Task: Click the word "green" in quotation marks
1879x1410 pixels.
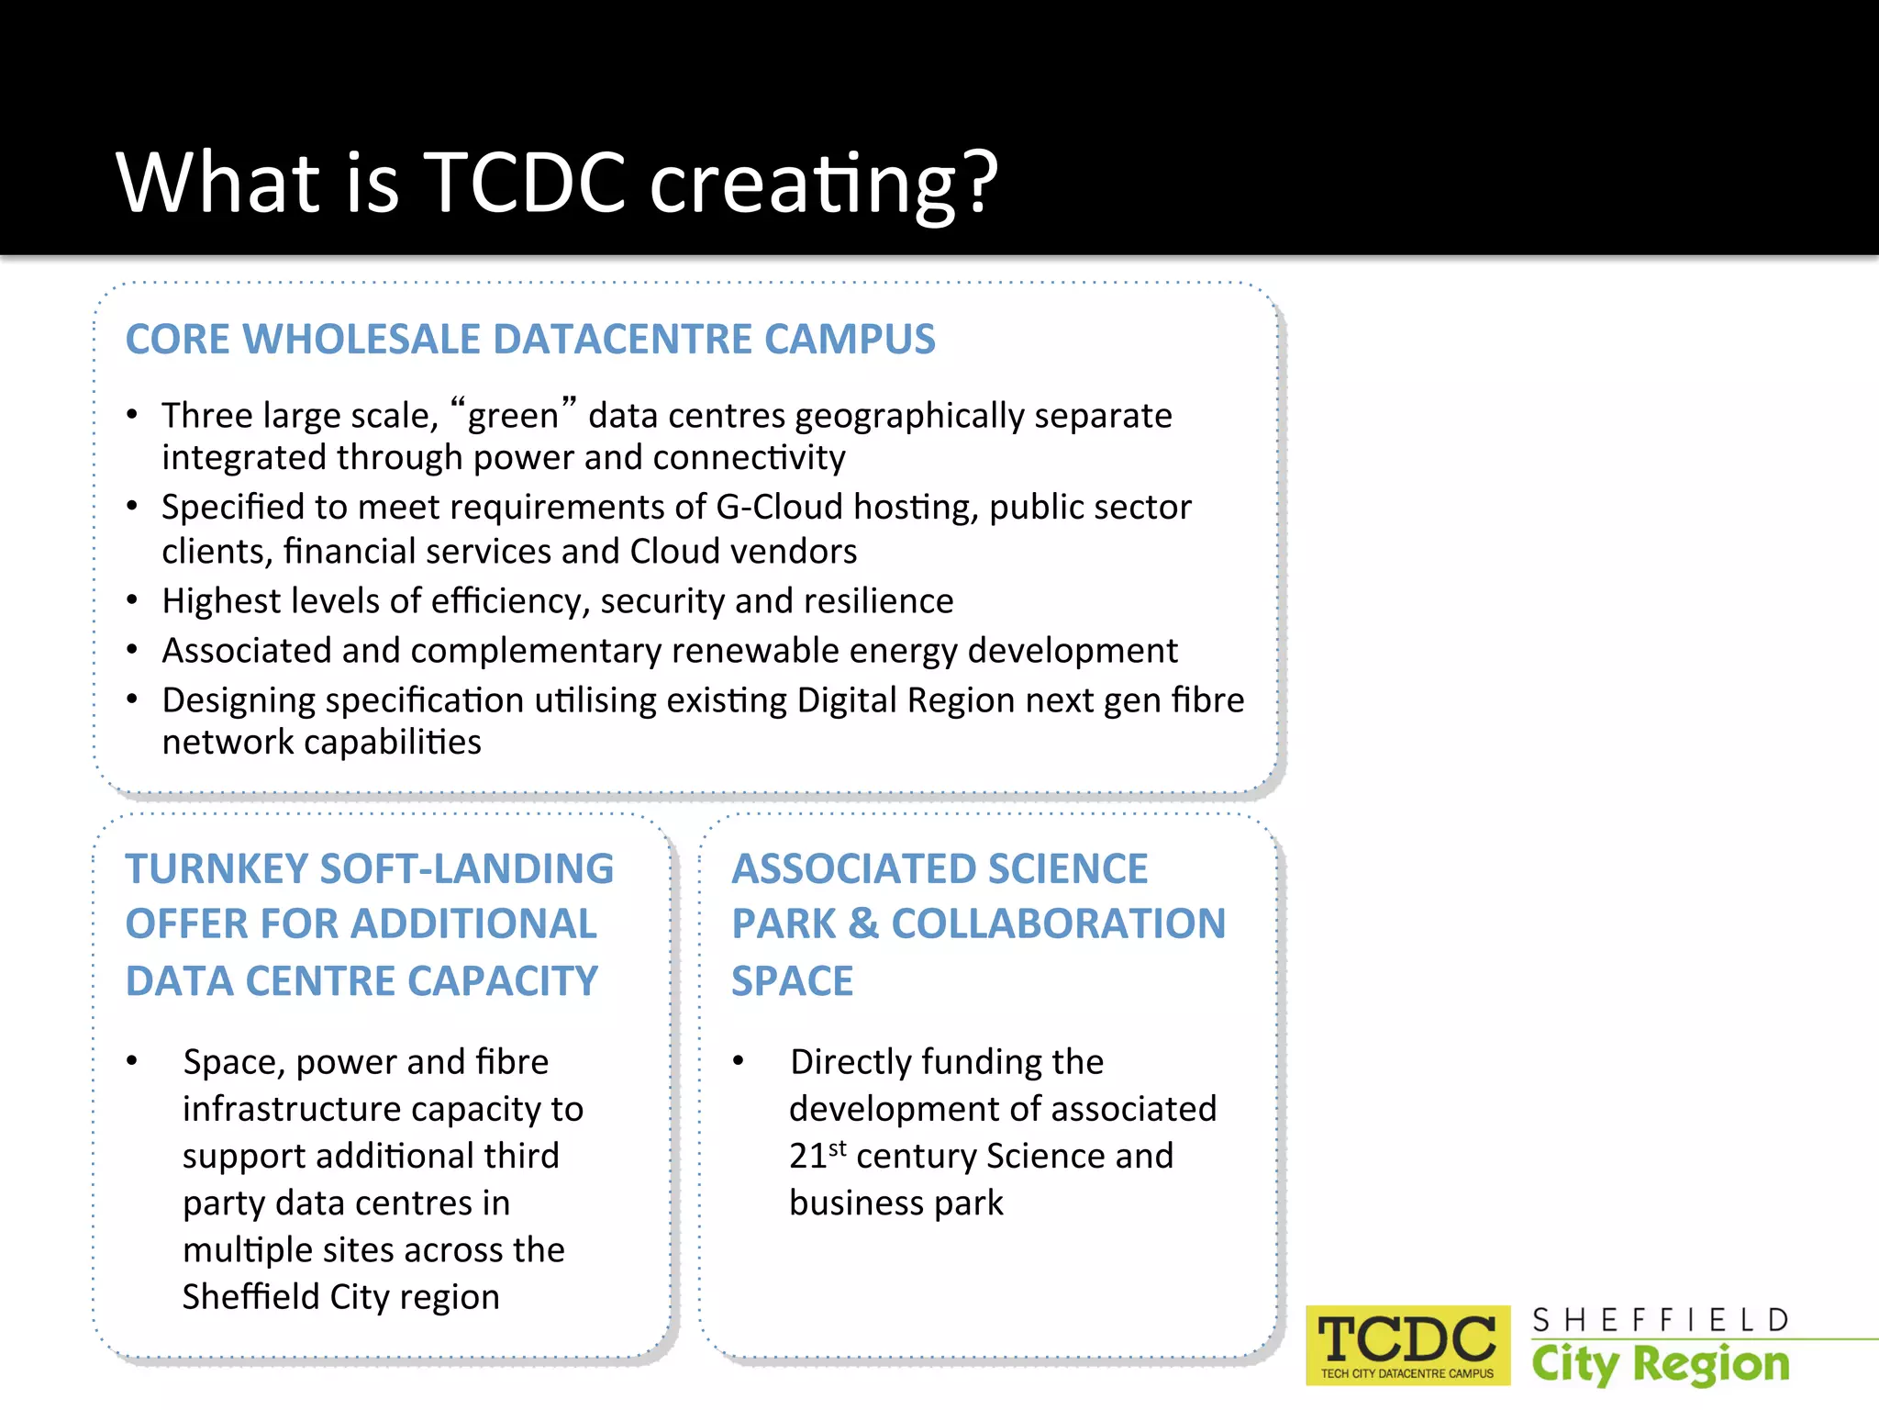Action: pos(513,415)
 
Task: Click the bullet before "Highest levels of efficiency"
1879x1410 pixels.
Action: pos(133,601)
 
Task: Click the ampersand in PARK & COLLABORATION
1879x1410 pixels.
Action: pos(863,923)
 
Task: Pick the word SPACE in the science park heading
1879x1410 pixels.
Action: pos(792,980)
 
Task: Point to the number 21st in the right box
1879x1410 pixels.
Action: pos(817,1155)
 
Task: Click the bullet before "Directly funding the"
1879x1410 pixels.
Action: pos(739,1062)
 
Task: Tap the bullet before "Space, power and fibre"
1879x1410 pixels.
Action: pos(133,1062)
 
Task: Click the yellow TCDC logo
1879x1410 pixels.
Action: pos(1406,1344)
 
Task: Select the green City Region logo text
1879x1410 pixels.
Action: pos(1660,1364)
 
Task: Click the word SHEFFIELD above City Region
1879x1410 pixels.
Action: pos(1660,1320)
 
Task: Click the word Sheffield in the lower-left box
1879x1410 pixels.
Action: pos(250,1296)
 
